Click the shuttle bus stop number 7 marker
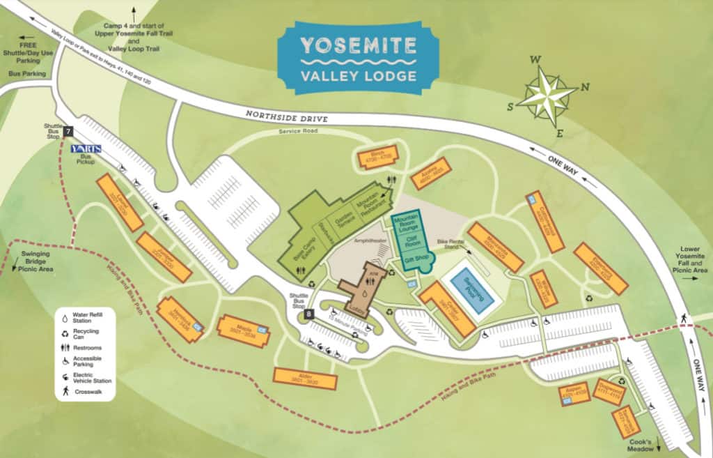click(68, 131)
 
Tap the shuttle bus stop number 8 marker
click(308, 314)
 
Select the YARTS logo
click(87, 148)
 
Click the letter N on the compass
click(585, 87)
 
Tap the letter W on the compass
click(535, 60)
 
